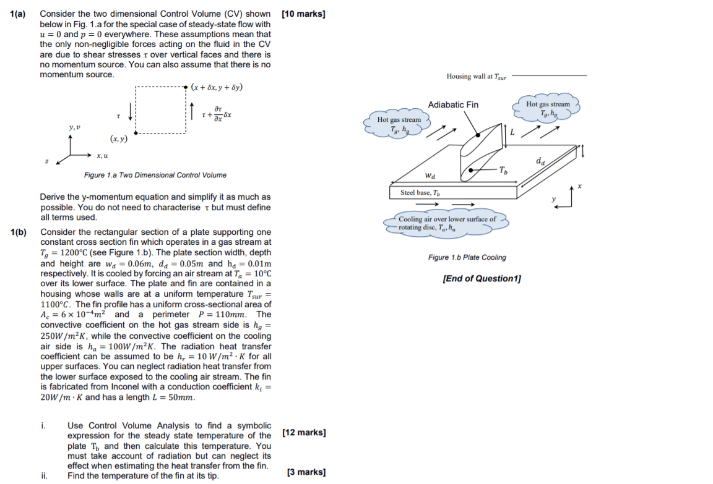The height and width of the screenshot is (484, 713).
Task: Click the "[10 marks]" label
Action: [303, 14]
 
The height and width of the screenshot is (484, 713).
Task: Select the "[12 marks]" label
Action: [304, 432]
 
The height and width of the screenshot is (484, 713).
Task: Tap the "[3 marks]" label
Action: [306, 472]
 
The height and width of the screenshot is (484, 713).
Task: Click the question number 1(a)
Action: [17, 14]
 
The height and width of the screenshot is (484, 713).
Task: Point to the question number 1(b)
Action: [19, 232]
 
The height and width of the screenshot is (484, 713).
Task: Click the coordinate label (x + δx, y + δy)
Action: [217, 87]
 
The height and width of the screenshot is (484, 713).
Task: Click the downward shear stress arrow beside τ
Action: [130, 112]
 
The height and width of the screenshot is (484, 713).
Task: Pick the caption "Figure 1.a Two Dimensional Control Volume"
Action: [155, 175]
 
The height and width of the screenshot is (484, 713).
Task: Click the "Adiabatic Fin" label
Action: [453, 104]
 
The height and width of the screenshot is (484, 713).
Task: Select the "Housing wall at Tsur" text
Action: [476, 76]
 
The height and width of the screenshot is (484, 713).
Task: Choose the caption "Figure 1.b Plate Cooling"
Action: [467, 257]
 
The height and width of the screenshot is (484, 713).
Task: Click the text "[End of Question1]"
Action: [482, 278]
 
